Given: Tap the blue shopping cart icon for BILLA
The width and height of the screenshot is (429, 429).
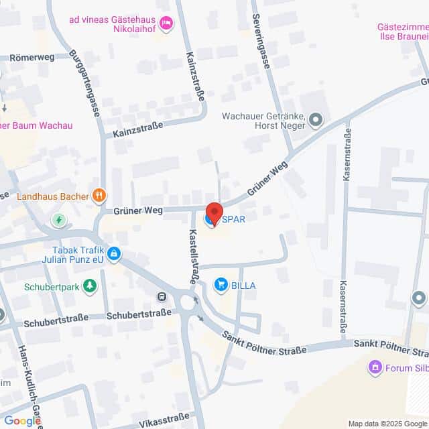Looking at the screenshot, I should click(221, 285).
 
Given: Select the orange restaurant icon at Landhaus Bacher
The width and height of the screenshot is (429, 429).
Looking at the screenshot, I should click(99, 196).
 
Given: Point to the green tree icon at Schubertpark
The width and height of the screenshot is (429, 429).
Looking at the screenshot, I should click(89, 288).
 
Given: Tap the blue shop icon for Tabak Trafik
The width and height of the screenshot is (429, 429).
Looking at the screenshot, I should click(115, 253).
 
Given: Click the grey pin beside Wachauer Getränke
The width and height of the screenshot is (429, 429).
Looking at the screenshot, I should click(316, 121).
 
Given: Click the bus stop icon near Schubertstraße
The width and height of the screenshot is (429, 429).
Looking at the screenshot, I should click(162, 297).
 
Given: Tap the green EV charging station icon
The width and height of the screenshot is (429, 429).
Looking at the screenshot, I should click(60, 219).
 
